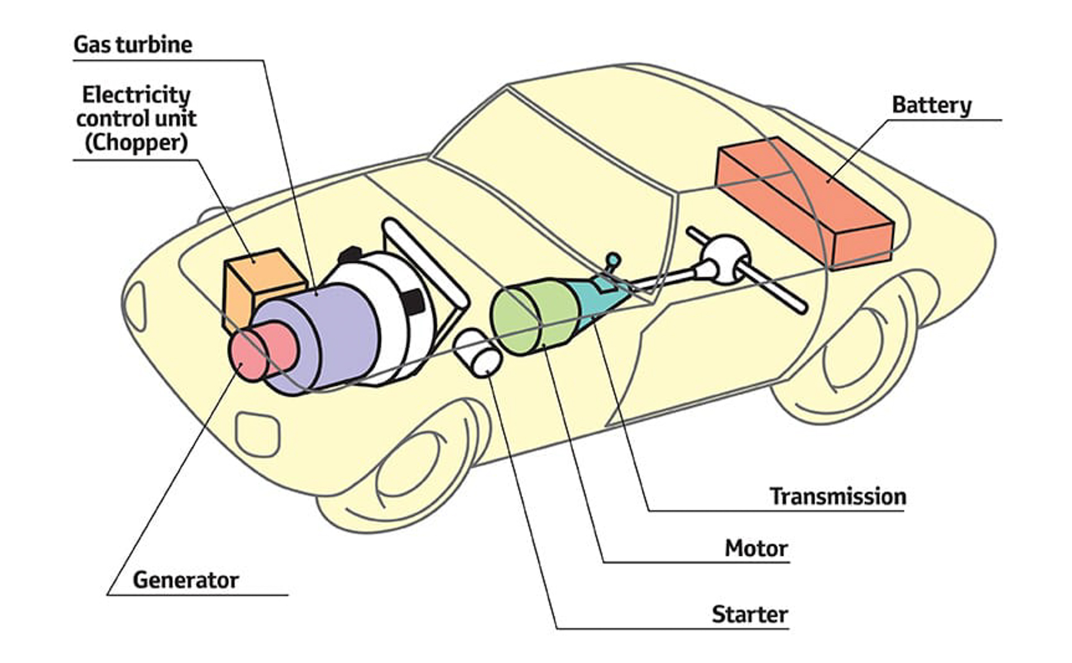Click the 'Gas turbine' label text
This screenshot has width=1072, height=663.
pos(133,45)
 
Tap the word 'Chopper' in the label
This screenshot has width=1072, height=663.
pos(136,143)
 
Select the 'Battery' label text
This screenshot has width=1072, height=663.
pos(931,105)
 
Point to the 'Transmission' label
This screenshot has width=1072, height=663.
pos(837,496)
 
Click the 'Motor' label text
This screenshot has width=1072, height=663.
pos(756,548)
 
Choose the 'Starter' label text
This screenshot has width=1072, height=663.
pos(749,614)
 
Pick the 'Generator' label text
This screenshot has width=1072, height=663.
pos(185,580)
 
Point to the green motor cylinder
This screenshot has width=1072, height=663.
pos(530,318)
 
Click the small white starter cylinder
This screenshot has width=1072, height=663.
pos(480,354)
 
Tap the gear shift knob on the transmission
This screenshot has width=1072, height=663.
pos(613,260)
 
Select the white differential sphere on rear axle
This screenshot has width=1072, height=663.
pos(725,258)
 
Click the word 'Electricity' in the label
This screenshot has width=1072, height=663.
pos(136,95)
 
